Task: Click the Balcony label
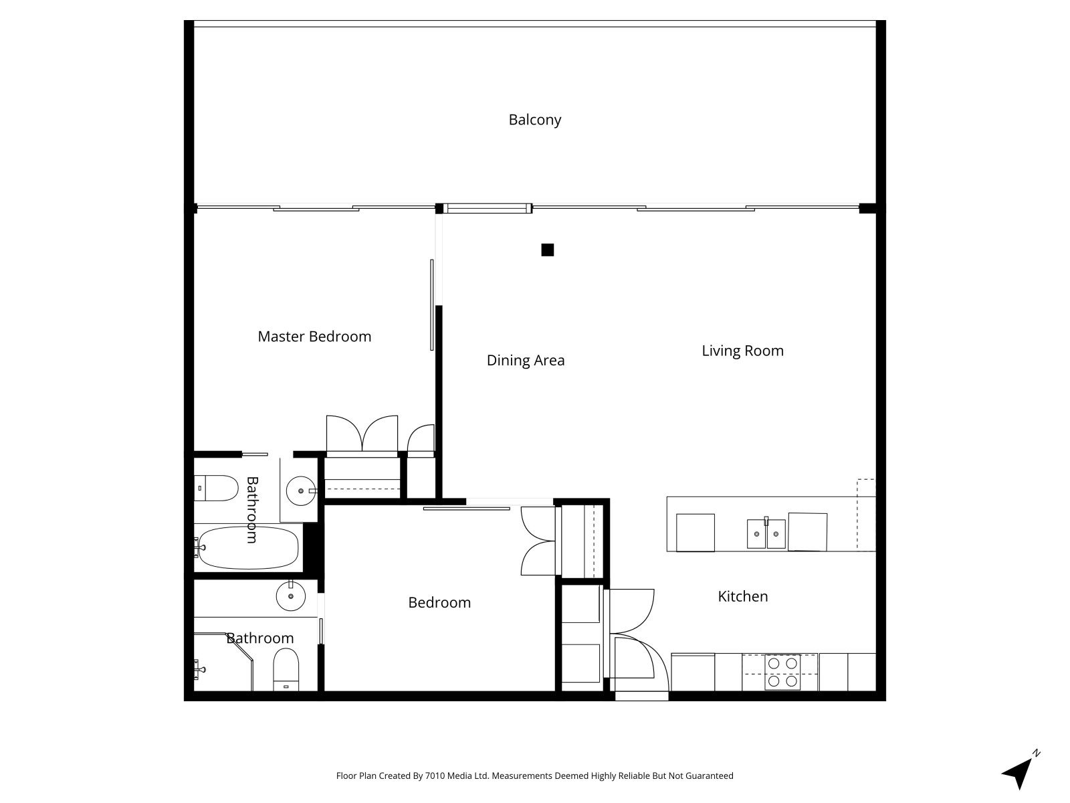point(535,120)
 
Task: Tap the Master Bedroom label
point(314,337)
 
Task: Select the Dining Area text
point(526,360)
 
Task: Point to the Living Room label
point(742,351)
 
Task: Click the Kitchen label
point(742,596)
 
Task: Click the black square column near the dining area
point(548,250)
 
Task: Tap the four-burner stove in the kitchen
point(782,672)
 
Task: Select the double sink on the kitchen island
point(766,533)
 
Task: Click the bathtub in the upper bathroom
point(248,547)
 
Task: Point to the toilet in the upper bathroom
point(216,488)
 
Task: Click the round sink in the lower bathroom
point(291,596)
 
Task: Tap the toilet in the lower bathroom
point(286,669)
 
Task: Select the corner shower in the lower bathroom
point(224,662)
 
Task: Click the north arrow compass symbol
point(1020,772)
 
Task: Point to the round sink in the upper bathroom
point(301,491)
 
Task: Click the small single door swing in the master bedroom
point(420,438)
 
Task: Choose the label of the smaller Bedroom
point(439,603)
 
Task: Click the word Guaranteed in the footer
point(710,776)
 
